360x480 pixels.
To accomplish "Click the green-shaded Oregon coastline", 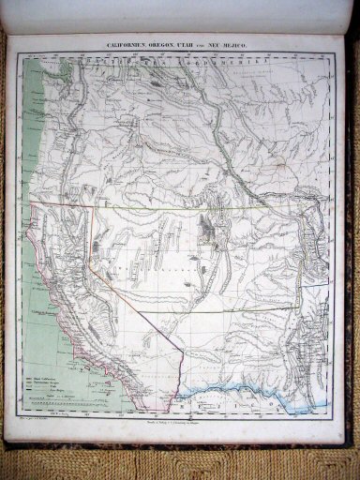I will [x=37, y=141].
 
